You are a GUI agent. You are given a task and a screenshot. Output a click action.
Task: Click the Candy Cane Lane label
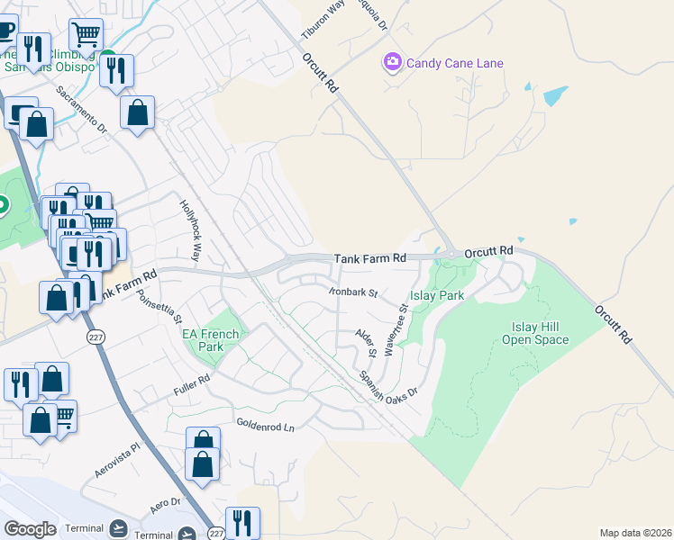click(454, 63)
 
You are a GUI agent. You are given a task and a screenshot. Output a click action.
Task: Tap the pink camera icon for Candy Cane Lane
click(392, 62)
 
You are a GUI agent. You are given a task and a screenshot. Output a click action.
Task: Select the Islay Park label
click(437, 294)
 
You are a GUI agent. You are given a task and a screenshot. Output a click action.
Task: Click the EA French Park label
click(211, 340)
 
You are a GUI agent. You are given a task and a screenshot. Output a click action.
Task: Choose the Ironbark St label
click(351, 292)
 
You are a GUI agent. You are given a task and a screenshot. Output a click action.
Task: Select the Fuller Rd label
click(191, 385)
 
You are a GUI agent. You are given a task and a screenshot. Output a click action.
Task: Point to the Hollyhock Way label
click(191, 220)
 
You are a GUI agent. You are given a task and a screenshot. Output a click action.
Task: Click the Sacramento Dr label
click(82, 110)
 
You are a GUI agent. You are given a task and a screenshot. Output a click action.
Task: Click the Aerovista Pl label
click(118, 460)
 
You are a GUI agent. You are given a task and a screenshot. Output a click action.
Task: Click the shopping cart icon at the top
click(86, 34)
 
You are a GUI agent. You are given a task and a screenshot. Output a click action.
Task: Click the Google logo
click(30, 529)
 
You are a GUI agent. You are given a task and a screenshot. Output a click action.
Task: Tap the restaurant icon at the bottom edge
click(242, 521)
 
